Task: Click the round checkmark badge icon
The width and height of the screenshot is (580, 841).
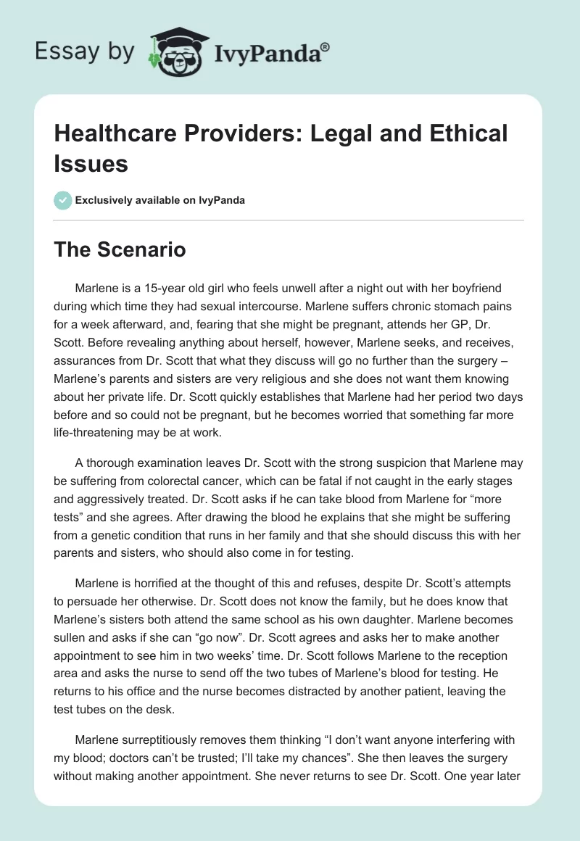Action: [63, 200]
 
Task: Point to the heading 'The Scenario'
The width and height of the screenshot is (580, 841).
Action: [120, 250]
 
